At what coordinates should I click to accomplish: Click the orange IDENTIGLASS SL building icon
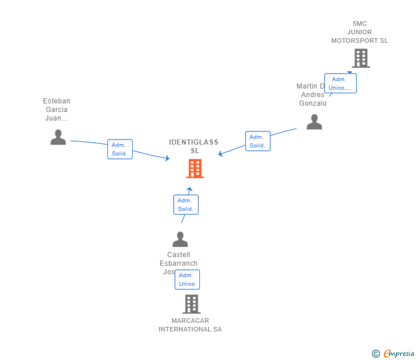(x=195, y=169)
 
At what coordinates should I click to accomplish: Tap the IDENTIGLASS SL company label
(x=194, y=146)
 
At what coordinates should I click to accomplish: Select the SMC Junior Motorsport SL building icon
(x=361, y=58)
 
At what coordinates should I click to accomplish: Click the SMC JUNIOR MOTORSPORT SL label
(x=359, y=32)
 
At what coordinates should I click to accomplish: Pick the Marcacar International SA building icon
(x=191, y=304)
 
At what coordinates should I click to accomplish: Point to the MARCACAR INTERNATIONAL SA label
(x=190, y=325)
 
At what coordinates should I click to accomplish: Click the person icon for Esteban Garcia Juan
(x=58, y=137)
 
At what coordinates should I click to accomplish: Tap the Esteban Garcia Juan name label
(x=57, y=110)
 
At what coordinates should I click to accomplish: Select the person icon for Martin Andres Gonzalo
(x=314, y=122)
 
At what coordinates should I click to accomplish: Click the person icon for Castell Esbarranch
(x=180, y=239)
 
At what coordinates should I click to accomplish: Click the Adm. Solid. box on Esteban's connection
(x=120, y=149)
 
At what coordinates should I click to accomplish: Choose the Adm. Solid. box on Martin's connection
(x=258, y=141)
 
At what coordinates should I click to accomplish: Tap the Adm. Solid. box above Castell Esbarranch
(x=186, y=205)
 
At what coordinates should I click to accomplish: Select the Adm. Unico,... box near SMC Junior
(x=340, y=83)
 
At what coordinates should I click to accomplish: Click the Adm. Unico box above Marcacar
(x=187, y=279)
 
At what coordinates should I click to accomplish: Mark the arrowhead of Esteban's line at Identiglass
(x=167, y=158)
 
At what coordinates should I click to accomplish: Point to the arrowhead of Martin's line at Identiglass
(x=221, y=153)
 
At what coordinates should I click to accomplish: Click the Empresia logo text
(x=399, y=353)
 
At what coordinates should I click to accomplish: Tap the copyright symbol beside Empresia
(x=376, y=354)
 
